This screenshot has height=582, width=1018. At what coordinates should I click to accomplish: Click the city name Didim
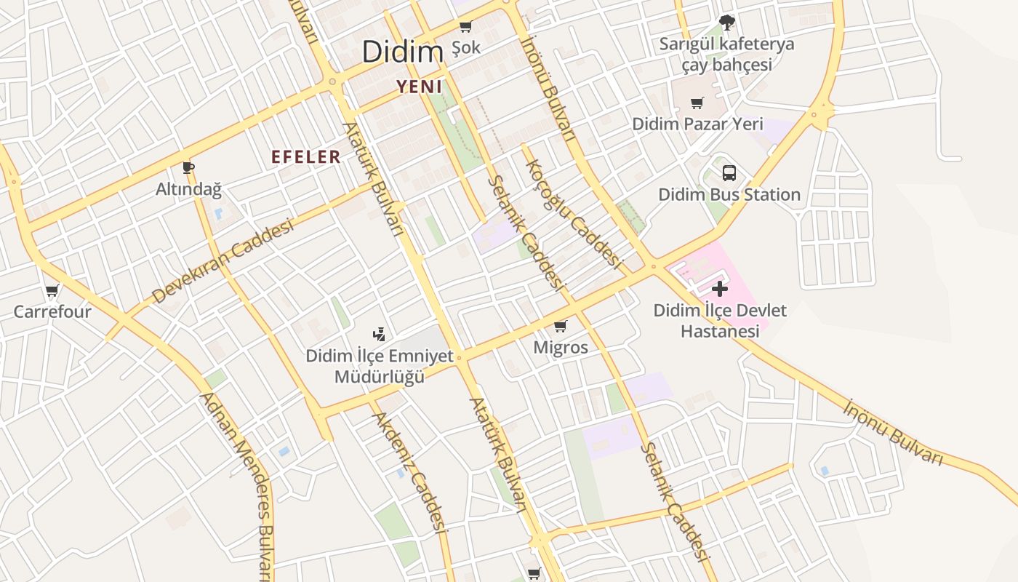point(402,52)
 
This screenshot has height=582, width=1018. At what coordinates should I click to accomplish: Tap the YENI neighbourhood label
point(420,87)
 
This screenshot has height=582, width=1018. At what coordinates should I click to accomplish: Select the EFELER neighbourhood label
point(306,157)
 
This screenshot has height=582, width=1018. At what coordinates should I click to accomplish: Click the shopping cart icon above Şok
point(465,27)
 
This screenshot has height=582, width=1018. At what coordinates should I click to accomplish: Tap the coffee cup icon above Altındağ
point(188,168)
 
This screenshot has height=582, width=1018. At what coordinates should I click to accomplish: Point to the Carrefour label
point(52,312)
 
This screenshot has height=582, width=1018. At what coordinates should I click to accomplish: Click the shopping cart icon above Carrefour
point(52,292)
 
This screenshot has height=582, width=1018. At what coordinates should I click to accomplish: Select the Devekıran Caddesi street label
point(223,262)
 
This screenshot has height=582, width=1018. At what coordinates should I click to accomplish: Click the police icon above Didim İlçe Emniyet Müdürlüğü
point(378,335)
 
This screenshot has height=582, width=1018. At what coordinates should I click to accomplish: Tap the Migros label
point(561,348)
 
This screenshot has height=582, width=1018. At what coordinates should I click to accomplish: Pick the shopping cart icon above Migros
point(560,326)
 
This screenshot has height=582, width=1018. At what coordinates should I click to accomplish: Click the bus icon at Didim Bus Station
point(729,173)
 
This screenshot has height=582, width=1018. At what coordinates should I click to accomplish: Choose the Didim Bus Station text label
point(729,195)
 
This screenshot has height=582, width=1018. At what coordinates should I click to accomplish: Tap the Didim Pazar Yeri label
point(697,124)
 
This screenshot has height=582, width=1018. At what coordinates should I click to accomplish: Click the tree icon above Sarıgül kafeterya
point(726,22)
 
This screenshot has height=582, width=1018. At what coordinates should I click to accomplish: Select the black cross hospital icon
point(720,289)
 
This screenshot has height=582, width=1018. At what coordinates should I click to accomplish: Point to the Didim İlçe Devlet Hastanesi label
point(720,321)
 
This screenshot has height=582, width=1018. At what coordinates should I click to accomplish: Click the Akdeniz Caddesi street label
point(410,473)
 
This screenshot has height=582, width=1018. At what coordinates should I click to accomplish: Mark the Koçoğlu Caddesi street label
point(574,214)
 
